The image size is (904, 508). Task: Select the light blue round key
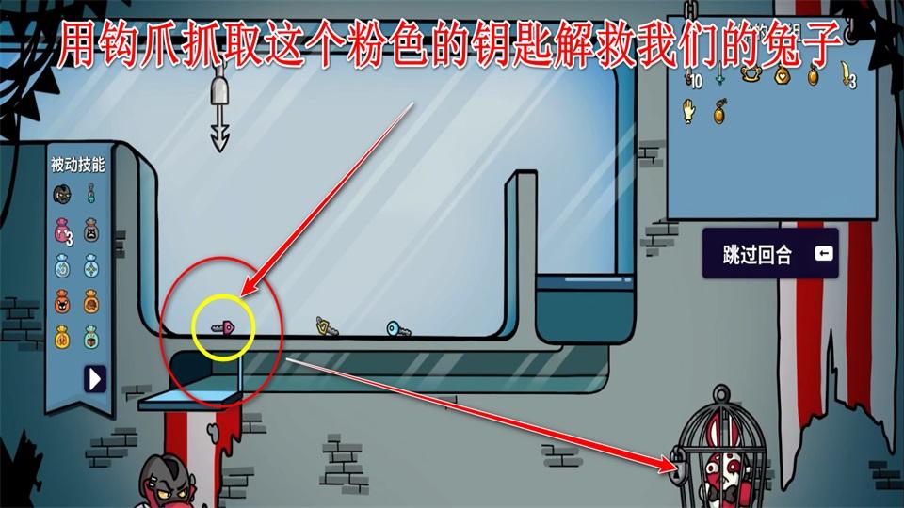[x=397, y=329]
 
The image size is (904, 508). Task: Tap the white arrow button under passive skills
[x=95, y=378]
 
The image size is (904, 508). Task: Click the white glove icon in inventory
[x=687, y=111]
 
